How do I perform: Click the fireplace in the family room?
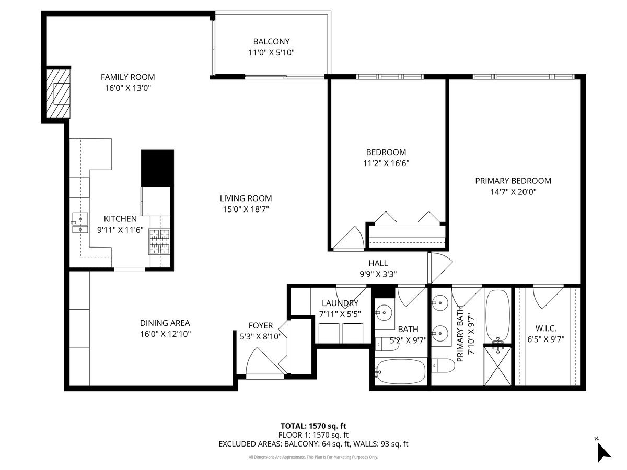(58, 94)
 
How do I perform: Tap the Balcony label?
(271, 41)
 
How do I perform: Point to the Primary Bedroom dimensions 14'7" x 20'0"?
(513, 192)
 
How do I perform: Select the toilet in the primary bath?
(443, 366)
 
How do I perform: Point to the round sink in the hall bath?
(385, 313)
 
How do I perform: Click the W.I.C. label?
(545, 328)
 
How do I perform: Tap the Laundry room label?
(340, 303)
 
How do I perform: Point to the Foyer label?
(260, 326)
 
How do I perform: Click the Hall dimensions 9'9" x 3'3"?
(378, 274)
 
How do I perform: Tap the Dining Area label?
(165, 323)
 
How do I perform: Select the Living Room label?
(246, 198)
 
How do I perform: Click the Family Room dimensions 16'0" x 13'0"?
(127, 88)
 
